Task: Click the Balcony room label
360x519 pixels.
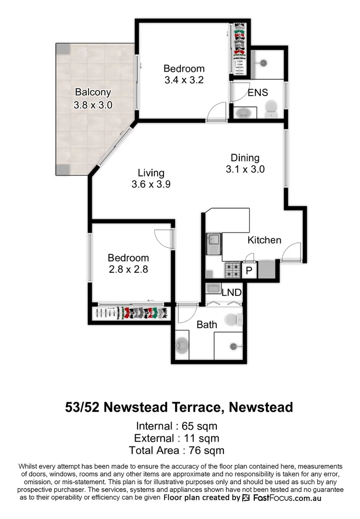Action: pyautogui.click(x=93, y=92)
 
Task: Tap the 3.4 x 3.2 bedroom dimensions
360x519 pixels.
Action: pyautogui.click(x=184, y=80)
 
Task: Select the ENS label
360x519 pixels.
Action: pyautogui.click(x=258, y=93)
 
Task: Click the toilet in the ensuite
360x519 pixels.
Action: pyautogui.click(x=272, y=108)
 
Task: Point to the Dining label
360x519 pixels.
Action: pyautogui.click(x=245, y=158)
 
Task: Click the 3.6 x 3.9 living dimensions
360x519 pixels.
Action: pyautogui.click(x=151, y=184)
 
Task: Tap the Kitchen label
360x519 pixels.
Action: pyautogui.click(x=264, y=240)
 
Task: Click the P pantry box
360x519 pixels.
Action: pyautogui.click(x=249, y=271)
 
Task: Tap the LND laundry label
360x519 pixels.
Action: pyautogui.click(x=231, y=292)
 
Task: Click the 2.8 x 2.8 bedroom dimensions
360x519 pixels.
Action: pyautogui.click(x=128, y=270)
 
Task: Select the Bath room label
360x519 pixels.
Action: pyautogui.click(x=207, y=324)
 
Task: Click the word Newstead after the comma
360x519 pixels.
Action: pyautogui.click(x=261, y=408)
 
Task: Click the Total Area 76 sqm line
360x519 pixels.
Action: pyautogui.click(x=177, y=450)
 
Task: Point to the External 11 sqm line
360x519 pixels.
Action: pyautogui.click(x=177, y=438)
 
